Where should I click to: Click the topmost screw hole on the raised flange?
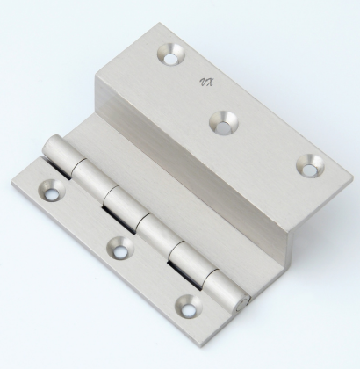(171, 54)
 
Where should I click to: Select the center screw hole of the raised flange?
(224, 123)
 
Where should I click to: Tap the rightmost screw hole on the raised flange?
(310, 166)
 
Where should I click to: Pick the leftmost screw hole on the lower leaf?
(51, 191)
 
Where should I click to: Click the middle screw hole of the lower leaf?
(119, 248)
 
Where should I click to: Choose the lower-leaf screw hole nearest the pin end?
(189, 307)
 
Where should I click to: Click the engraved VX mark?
(206, 83)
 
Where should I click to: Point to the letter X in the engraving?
(210, 83)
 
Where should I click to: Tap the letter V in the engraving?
(203, 82)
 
